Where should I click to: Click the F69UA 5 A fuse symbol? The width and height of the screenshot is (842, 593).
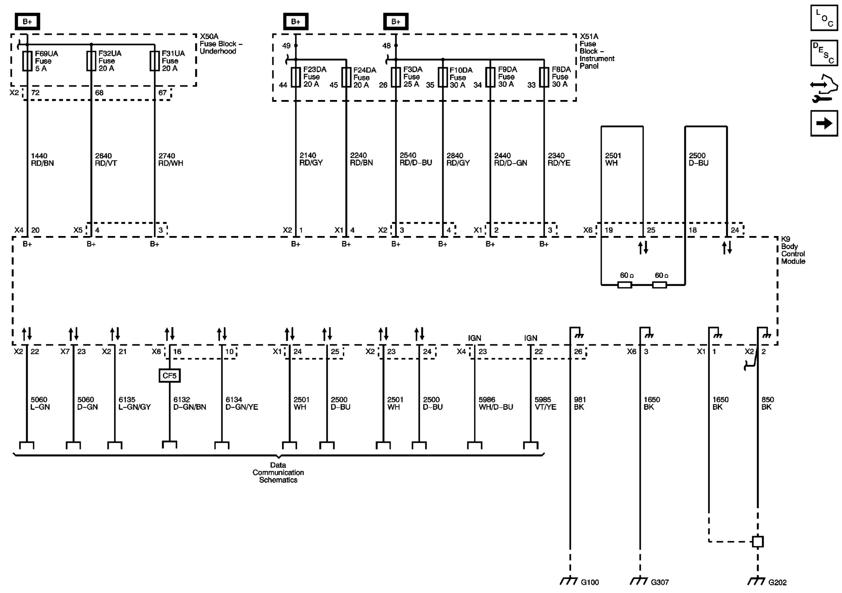pos(27,61)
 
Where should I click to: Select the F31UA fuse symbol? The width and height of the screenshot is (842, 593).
pos(155,61)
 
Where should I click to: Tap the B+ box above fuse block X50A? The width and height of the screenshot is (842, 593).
pos(27,22)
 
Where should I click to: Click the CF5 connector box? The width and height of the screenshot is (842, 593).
pos(170,376)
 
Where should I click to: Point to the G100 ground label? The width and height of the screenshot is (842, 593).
pos(589,582)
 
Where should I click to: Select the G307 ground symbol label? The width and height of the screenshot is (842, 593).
pos(659,582)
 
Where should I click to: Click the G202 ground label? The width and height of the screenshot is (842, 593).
pos(777,582)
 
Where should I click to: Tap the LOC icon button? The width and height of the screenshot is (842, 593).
pos(824,18)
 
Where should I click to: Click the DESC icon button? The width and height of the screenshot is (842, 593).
pos(824,53)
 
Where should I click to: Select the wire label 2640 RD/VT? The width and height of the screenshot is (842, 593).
pos(106,159)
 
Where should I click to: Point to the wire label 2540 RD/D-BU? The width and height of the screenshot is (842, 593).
pos(415,159)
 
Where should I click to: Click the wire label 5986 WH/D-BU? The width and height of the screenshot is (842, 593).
pos(495,403)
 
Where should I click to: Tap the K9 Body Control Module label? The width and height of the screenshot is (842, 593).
pos(793,250)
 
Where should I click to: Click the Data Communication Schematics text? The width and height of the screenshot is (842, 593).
pos(278,472)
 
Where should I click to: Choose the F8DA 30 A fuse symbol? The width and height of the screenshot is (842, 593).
pos(544,77)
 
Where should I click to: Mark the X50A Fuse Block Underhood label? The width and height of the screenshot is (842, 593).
pos(220,44)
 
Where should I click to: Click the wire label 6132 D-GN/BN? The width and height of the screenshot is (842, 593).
pos(189,403)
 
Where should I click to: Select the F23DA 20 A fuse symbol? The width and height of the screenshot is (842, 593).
pos(296,77)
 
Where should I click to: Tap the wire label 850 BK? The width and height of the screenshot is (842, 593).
pos(767,403)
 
